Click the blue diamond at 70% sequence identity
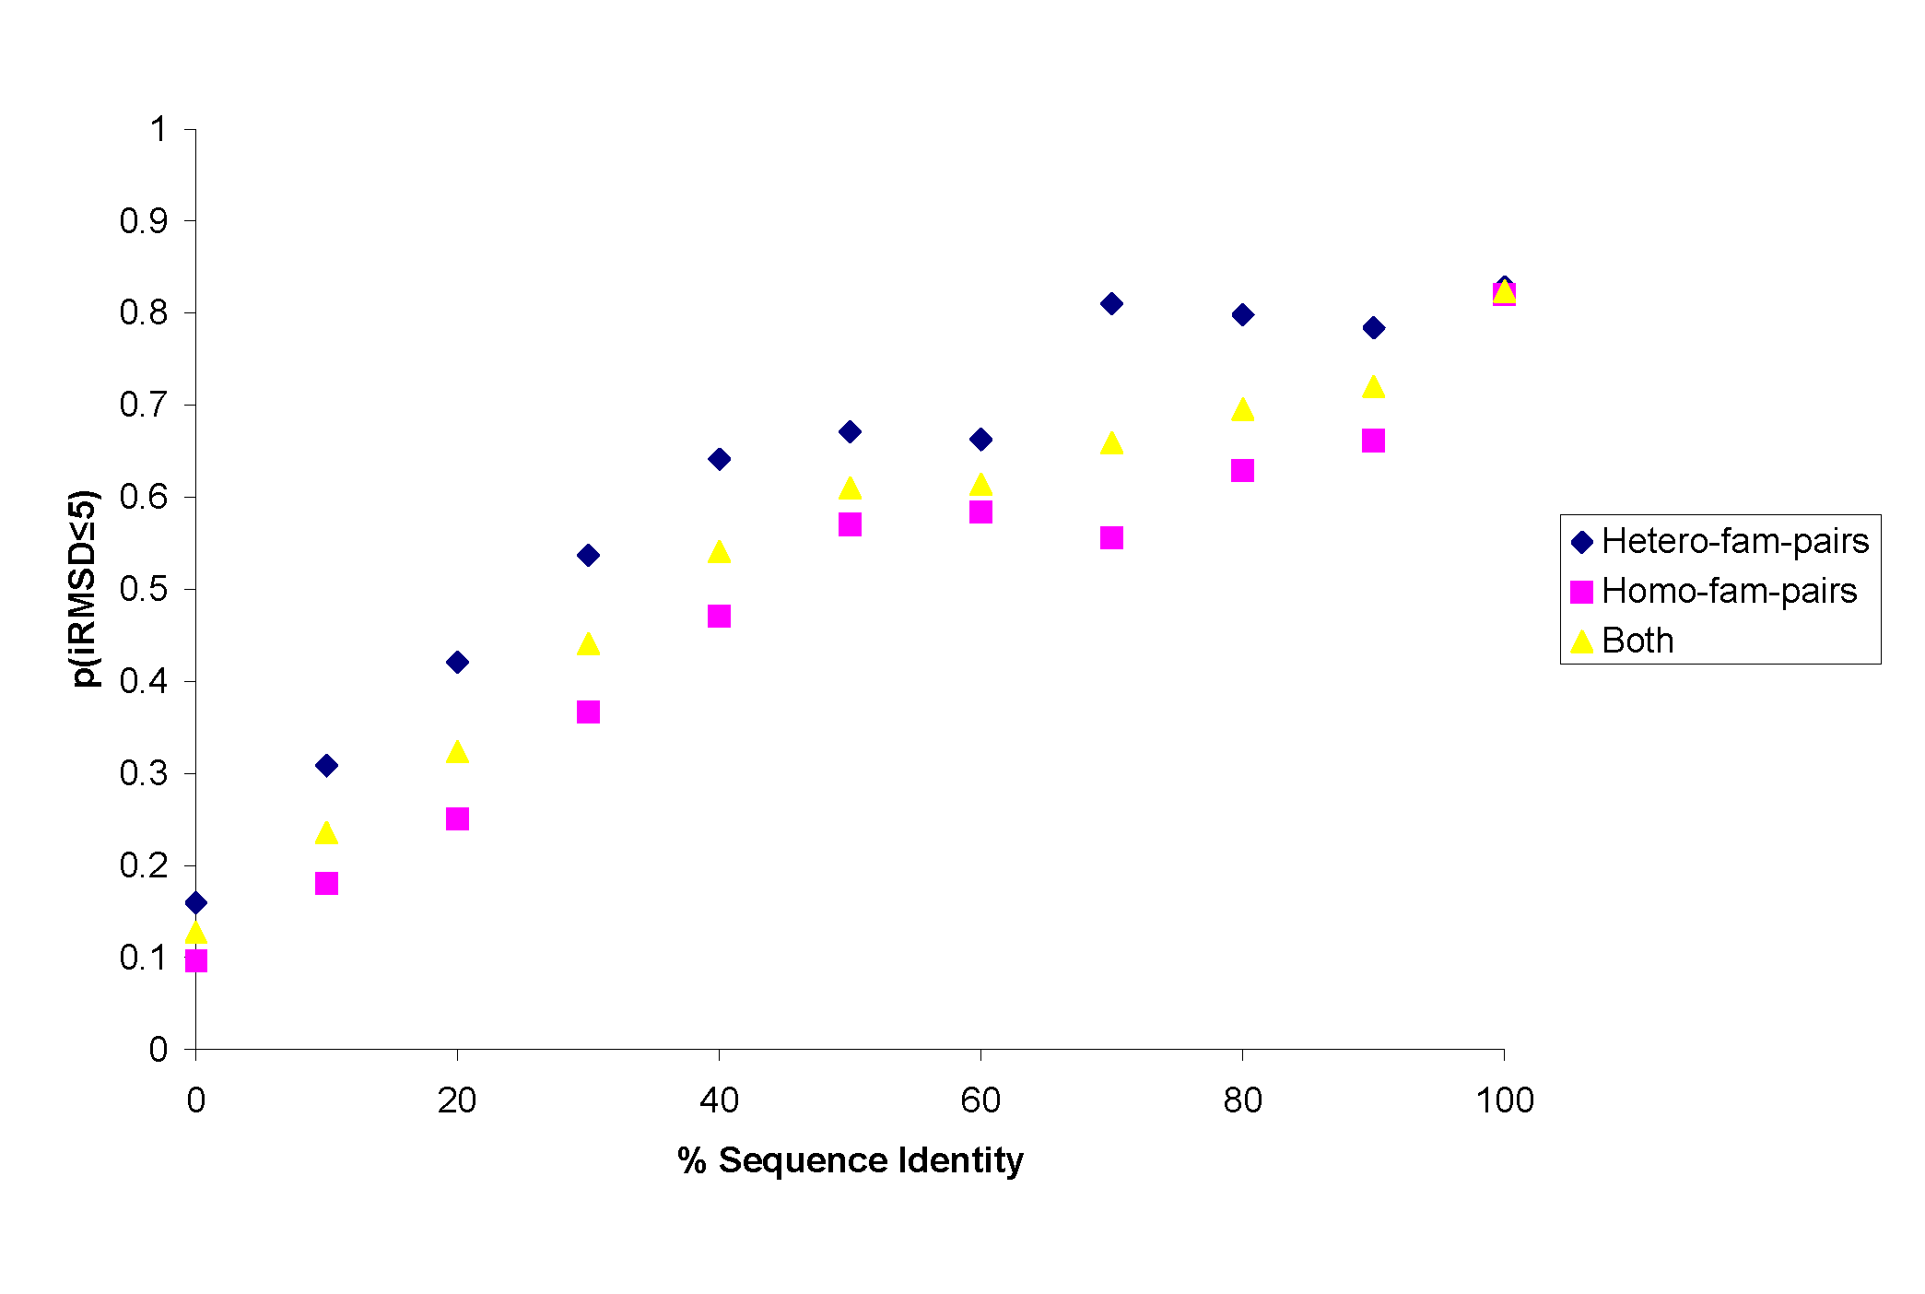(x=1111, y=303)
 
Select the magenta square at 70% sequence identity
(x=1111, y=537)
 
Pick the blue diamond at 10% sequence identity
(x=326, y=765)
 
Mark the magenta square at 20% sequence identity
(x=457, y=818)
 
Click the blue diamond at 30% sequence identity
(x=588, y=555)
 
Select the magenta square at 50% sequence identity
(x=850, y=523)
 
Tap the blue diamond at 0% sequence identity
(x=195, y=902)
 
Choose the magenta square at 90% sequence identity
(x=1373, y=440)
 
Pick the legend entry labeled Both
(x=1637, y=641)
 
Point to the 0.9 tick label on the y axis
(x=144, y=221)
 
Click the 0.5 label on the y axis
(x=144, y=589)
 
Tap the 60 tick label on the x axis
(x=980, y=1100)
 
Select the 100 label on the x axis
(x=1504, y=1100)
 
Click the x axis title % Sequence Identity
(x=850, y=1159)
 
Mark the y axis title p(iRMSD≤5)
(x=85, y=589)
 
